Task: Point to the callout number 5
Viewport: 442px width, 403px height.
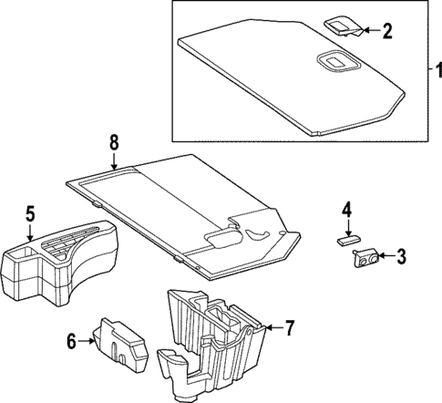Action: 30,215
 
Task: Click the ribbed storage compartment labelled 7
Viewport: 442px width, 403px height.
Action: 219,337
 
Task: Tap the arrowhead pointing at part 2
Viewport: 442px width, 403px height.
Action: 365,32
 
